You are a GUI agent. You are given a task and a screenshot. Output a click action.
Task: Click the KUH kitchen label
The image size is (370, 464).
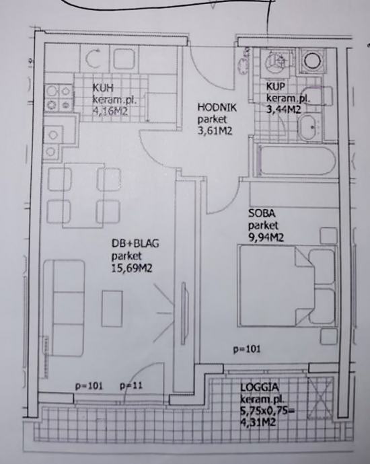click(x=103, y=88)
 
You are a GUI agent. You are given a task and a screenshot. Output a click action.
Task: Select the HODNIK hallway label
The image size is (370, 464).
click(x=217, y=107)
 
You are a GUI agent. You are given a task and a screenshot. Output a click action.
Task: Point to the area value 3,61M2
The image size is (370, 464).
click(x=215, y=130)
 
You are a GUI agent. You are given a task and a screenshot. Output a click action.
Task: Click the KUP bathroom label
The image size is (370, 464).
click(x=276, y=86)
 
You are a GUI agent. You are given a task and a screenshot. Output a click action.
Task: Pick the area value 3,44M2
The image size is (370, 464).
click(x=284, y=110)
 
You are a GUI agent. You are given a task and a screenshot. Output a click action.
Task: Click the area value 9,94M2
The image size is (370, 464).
click(x=266, y=237)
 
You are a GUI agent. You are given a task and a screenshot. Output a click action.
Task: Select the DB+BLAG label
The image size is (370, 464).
click(x=135, y=243)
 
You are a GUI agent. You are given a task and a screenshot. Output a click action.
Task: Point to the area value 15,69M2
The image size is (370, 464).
click(x=132, y=268)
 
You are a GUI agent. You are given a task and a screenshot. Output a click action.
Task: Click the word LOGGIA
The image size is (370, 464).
click(x=260, y=387)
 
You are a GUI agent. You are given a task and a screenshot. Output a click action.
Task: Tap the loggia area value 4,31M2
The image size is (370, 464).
click(x=258, y=422)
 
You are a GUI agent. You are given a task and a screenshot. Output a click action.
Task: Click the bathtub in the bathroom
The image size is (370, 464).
click(x=297, y=161)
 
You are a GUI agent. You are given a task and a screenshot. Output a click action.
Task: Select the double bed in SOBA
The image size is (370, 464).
click(x=287, y=286)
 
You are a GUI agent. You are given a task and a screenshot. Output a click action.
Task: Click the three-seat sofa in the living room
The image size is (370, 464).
click(x=64, y=308)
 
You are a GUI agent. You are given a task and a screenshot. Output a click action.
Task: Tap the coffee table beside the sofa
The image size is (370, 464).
click(x=112, y=309)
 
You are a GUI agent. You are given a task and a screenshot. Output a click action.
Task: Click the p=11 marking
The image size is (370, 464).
click(x=131, y=386)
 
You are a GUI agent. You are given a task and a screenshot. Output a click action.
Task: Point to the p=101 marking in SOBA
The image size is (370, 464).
click(x=247, y=349)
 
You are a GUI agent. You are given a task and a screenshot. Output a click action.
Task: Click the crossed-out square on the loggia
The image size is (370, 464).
click(x=320, y=397)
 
